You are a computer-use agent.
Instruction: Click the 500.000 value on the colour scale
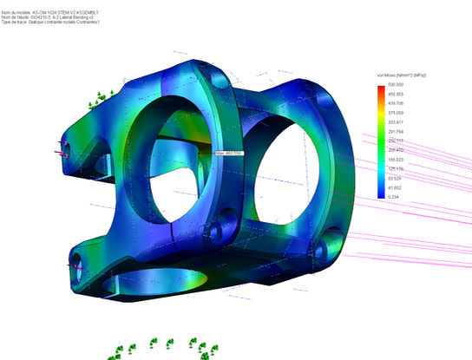click(x=396, y=84)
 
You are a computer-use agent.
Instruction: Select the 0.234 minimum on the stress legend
click(x=394, y=199)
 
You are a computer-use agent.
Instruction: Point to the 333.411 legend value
click(x=396, y=122)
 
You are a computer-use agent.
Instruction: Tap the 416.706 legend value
click(x=396, y=103)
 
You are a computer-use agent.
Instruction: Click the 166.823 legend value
click(x=396, y=160)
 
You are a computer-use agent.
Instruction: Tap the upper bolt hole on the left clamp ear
click(x=62, y=148)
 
